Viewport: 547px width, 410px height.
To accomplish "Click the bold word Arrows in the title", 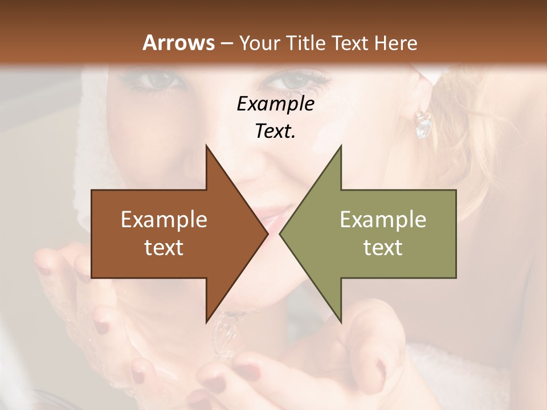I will [178, 43].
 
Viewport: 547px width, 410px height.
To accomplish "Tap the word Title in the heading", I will [305, 43].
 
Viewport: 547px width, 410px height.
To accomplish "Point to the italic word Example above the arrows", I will [275, 104].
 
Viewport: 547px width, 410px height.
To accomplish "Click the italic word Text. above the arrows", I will [275, 132].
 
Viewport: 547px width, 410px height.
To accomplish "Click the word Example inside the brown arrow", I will [164, 220].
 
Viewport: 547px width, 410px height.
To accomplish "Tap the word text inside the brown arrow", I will [164, 247].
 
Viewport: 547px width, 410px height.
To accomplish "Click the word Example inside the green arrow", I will [383, 220].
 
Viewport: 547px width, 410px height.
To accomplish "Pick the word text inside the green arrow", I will [383, 247].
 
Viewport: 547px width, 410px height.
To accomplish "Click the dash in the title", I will [226, 43].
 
